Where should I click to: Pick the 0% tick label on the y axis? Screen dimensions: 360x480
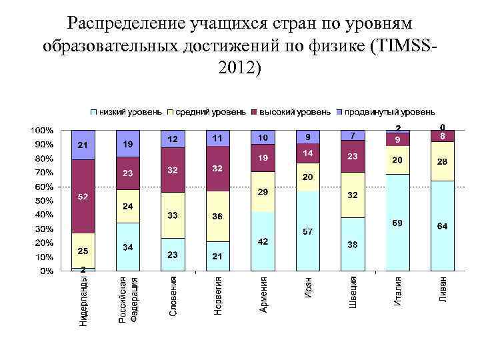pyautogui.click(x=47, y=271)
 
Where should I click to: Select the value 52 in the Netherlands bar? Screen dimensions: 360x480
pyautogui.click(x=83, y=197)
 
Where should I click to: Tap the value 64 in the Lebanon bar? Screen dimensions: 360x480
pyautogui.click(x=442, y=227)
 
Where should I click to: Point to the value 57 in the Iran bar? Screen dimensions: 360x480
pyautogui.click(x=308, y=231)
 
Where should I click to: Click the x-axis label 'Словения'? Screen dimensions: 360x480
pyautogui.click(x=173, y=296)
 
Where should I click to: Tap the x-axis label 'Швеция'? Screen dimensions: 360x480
pyautogui.click(x=353, y=293)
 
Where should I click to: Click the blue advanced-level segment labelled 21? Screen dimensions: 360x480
pyautogui.click(x=83, y=145)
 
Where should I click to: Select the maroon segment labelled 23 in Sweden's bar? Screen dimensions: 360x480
pyautogui.click(x=353, y=156)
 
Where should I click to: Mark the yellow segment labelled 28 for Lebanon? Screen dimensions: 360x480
pyautogui.click(x=442, y=161)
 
